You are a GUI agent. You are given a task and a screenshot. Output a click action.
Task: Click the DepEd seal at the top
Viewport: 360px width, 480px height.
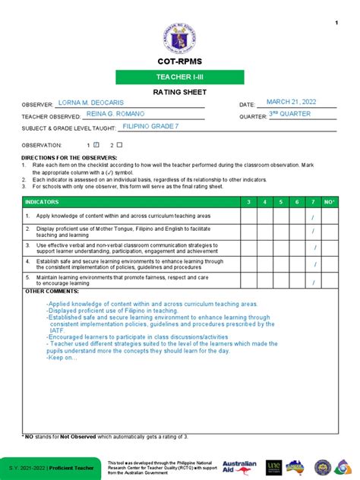click(179, 33)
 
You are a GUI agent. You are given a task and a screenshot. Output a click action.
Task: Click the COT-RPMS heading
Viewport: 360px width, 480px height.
click(179, 61)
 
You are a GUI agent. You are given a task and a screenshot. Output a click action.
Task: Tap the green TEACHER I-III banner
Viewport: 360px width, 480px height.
click(179, 77)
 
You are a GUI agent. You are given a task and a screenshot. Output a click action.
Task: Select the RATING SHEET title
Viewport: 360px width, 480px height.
click(179, 92)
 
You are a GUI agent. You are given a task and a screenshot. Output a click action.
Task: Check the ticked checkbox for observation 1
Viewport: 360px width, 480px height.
click(97, 144)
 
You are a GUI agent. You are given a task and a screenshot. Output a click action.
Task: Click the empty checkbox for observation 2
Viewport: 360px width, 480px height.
click(119, 144)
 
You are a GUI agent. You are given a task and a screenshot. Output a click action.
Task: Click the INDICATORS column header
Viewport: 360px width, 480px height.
click(41, 201)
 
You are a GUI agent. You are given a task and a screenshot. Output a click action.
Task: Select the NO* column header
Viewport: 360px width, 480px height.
click(329, 201)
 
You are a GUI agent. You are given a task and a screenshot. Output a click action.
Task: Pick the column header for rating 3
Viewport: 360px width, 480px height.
click(247, 201)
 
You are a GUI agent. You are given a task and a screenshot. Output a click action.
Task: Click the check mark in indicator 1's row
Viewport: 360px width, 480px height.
click(313, 218)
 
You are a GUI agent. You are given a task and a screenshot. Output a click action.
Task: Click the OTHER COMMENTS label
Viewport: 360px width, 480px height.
click(46, 291)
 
